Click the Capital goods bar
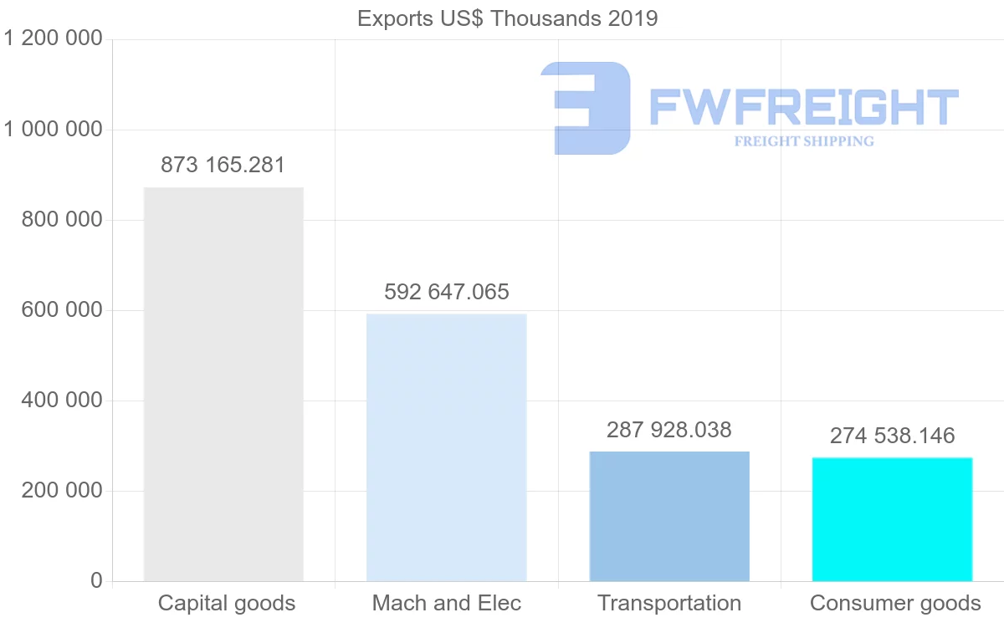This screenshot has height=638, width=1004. click(x=223, y=384)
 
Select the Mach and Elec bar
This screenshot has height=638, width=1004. click(x=447, y=447)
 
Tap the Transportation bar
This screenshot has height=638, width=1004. click(x=669, y=516)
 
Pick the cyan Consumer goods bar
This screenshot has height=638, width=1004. click(x=892, y=519)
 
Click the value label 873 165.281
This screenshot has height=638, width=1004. click(x=223, y=165)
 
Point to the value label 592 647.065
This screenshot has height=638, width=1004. click(x=447, y=292)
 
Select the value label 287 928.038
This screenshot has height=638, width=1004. click(x=669, y=430)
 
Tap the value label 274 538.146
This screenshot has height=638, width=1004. click(x=892, y=436)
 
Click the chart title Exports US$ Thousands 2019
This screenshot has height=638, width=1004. click(x=508, y=18)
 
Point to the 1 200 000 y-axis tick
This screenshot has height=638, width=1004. click(x=54, y=39)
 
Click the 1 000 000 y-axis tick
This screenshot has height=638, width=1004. click(x=54, y=130)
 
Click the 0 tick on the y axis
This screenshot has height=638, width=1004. click(x=96, y=581)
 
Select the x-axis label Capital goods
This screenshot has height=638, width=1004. click(x=227, y=603)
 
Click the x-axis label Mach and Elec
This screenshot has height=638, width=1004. click(x=447, y=603)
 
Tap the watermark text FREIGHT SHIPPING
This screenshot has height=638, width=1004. click(x=804, y=141)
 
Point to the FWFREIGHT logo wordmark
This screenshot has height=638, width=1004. click(x=803, y=107)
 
